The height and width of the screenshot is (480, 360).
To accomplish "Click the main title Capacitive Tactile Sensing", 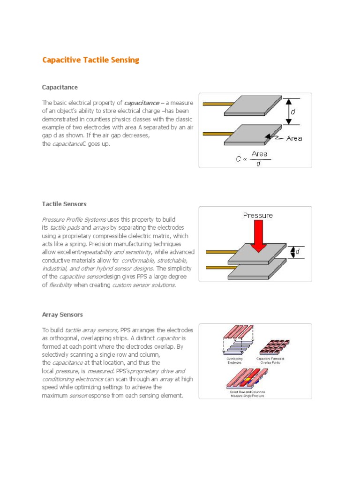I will pos(90,60).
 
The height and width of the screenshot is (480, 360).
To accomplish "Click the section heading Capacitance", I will pos(60,87).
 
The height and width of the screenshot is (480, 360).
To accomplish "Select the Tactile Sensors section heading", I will pos(64,204).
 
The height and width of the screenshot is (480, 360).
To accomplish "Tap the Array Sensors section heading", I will pos(62,315).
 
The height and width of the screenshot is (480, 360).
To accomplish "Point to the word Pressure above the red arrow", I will pos(257,216).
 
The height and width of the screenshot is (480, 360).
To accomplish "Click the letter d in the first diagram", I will pos(293,112).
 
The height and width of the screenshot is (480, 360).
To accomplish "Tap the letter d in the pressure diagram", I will pos(297,252).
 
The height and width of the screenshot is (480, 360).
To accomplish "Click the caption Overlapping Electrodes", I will pos(231,360).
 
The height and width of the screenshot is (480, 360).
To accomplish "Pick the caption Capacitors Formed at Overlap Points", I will pos(271,360).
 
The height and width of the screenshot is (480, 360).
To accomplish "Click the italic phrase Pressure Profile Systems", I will pos(74,219).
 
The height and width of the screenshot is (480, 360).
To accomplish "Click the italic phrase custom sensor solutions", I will pos(144,285).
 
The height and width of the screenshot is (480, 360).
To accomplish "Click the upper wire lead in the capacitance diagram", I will pos(217,104).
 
